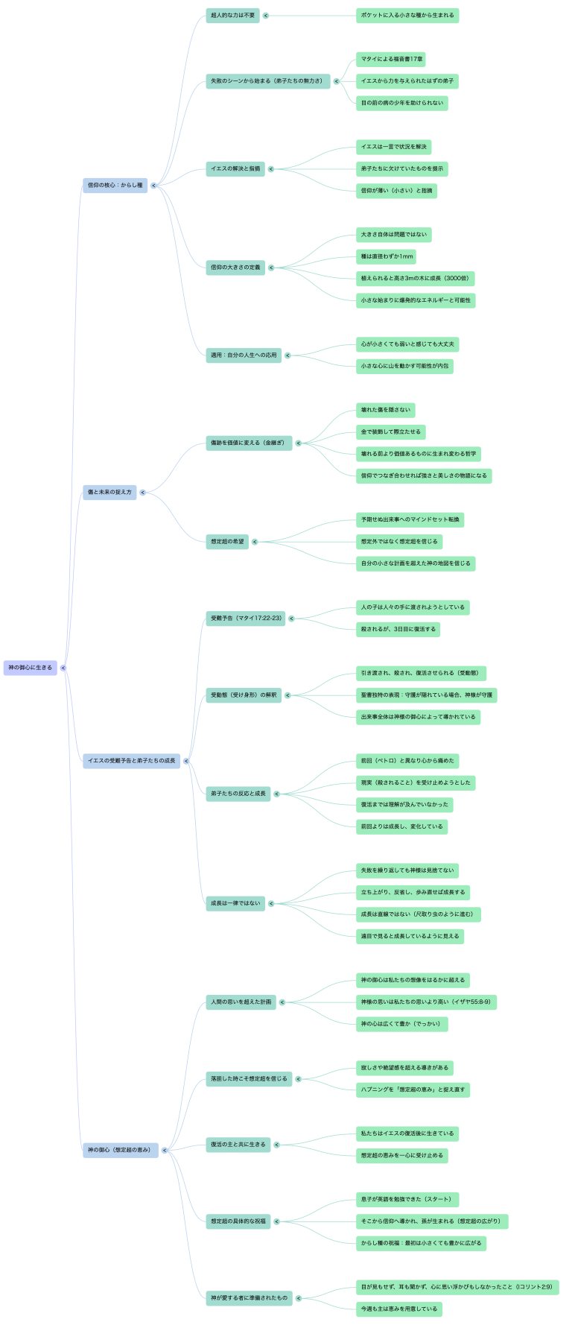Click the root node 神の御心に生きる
coord(31,668)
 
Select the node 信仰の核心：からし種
coord(115,185)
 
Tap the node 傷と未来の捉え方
coord(109,492)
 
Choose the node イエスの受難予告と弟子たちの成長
coord(132,761)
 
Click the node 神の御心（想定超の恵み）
coord(121,1150)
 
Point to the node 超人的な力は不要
coord(232,15)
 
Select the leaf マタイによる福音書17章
coord(391,59)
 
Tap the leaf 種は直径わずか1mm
coord(386,256)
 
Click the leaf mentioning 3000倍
coord(415,279)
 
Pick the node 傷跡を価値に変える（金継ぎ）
coord(248,443)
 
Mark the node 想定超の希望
coord(227,542)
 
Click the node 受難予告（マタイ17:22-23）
coord(246,618)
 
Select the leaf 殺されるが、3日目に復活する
coord(398,629)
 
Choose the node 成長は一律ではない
coord(235,903)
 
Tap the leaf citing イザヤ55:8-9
coord(426,1002)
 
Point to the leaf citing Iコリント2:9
coord(457,1287)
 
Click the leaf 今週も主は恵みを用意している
coord(399,1309)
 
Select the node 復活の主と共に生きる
coord(238,1145)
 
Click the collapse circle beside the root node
coord(63,668)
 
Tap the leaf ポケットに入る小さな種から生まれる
coord(407,15)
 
